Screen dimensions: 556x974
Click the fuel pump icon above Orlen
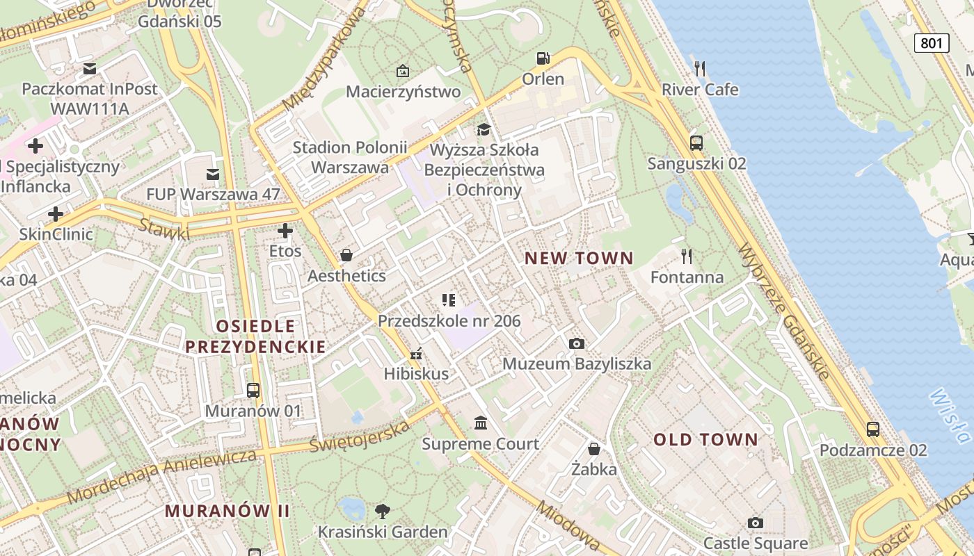point(543,58)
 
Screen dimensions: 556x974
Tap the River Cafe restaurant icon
point(700,68)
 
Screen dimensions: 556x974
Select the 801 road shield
point(931,43)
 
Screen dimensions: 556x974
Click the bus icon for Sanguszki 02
point(696,143)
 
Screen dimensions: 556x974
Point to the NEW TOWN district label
point(579,259)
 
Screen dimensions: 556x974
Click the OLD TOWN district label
point(705,439)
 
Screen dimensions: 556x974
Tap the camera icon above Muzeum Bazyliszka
point(576,343)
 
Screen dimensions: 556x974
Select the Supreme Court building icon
point(480,423)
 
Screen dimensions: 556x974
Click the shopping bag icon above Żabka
point(594,449)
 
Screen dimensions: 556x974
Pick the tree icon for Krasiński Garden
point(382,512)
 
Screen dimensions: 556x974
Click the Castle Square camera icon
point(756,523)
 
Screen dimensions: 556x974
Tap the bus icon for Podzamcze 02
point(873,430)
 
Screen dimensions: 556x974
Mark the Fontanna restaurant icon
point(687,256)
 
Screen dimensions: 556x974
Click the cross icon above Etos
point(285,231)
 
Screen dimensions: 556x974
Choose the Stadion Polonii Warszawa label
point(349,157)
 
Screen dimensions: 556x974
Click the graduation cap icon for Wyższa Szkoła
point(484,129)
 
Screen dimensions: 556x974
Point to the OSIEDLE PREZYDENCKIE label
point(255,336)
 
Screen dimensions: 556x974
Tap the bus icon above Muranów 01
point(253,391)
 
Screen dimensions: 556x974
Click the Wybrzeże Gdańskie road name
point(784,311)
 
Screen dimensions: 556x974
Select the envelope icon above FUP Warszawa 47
point(213,174)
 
